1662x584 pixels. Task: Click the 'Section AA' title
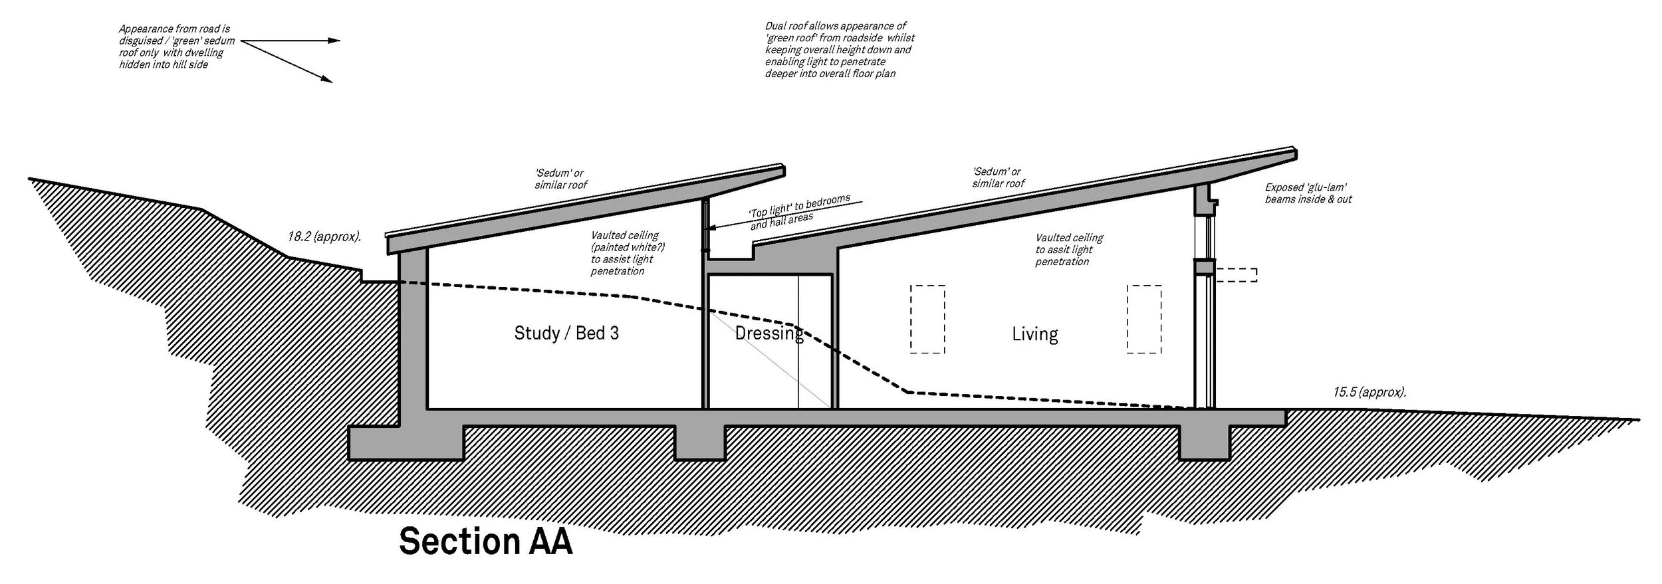(x=485, y=541)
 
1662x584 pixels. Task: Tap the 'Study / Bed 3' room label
(x=566, y=333)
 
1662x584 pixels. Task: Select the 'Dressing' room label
(x=769, y=333)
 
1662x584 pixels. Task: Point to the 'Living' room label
(x=1034, y=334)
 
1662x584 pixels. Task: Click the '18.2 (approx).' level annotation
(x=324, y=237)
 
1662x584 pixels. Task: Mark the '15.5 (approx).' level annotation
(x=1369, y=392)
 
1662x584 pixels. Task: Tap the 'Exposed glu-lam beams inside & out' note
(x=1308, y=193)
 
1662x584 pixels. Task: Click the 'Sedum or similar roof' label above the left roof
(x=560, y=179)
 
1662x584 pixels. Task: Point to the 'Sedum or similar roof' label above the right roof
(x=998, y=177)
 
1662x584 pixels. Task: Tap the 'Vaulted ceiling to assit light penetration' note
(x=1069, y=249)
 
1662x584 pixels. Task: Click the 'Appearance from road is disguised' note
(x=176, y=47)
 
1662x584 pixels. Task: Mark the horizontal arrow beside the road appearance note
(x=290, y=41)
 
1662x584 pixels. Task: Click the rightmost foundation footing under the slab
(x=1204, y=442)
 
